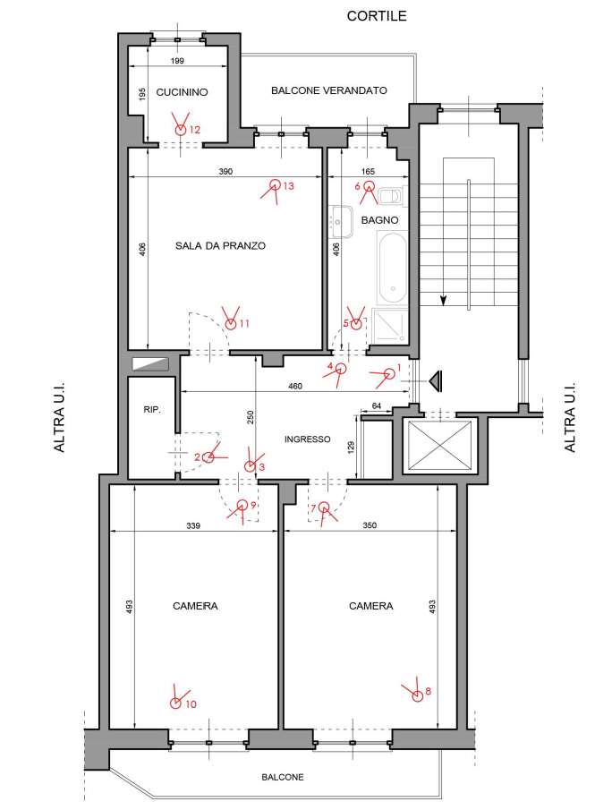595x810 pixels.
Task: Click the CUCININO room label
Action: coord(182,92)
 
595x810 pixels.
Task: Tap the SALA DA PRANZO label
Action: coord(220,246)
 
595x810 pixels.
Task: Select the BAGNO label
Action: coord(379,220)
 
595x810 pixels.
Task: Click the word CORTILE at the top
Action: coord(377,16)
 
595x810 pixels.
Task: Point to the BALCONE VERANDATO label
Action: coord(329,90)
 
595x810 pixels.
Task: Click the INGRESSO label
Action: coord(307,439)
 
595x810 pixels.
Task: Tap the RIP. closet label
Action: coord(152,410)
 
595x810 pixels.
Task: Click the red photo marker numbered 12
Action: coord(180,130)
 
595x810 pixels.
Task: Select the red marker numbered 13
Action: coord(276,184)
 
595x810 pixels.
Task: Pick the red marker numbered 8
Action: coord(417,696)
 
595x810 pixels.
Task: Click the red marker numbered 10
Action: coord(175,703)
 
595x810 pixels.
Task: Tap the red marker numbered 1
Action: coord(389,373)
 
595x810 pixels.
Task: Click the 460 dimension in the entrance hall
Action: coord(295,386)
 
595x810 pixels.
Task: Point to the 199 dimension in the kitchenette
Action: coord(177,61)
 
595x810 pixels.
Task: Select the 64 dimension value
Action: coord(377,406)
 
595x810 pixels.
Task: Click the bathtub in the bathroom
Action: coord(393,269)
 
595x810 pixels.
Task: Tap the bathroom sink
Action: coord(340,221)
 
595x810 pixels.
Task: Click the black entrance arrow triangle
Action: coord(436,380)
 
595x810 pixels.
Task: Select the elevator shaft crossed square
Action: coord(439,447)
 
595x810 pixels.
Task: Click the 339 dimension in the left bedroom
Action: coord(193,526)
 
